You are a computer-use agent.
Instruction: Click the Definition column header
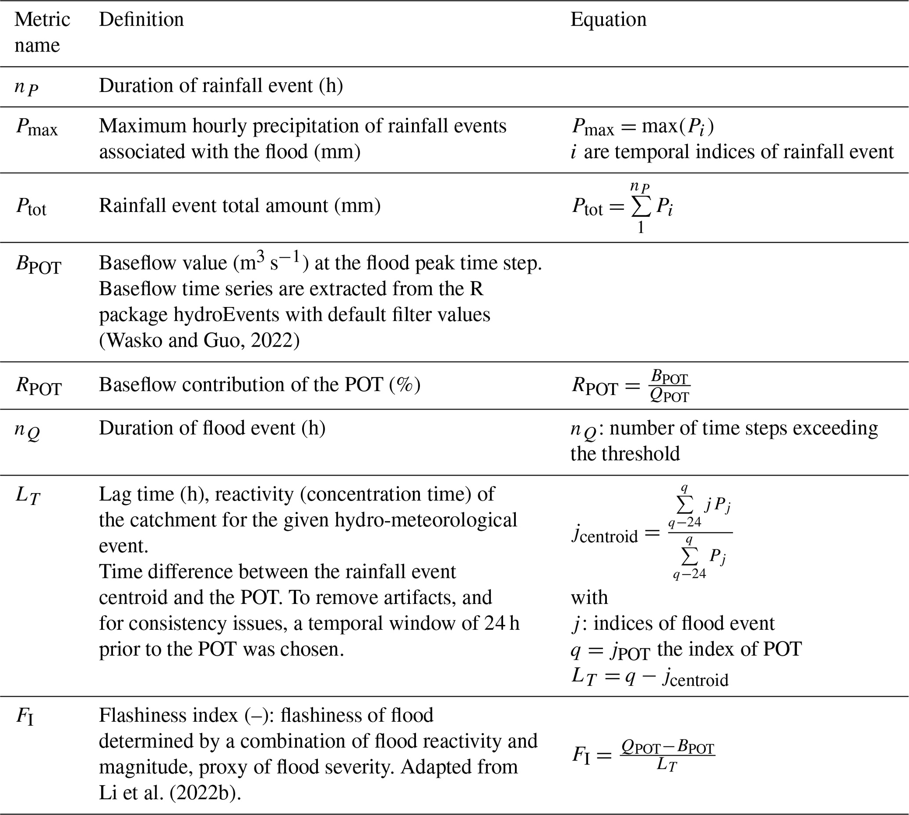point(141,20)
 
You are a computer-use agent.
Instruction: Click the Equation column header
point(608,20)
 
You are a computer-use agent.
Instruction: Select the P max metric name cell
point(37,127)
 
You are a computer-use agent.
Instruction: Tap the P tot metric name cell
point(31,207)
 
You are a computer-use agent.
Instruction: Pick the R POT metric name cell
point(39,386)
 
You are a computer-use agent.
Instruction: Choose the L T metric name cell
point(28,496)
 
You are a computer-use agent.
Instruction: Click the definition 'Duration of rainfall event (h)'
point(221,85)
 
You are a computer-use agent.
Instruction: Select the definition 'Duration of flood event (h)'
point(212,428)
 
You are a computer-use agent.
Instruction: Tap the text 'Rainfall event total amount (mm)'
point(240,206)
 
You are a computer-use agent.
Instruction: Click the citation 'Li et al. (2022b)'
point(169,793)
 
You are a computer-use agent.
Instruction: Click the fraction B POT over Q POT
point(669,386)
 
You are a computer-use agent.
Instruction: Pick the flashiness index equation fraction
point(667,755)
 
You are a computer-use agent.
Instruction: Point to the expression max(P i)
point(678,127)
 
